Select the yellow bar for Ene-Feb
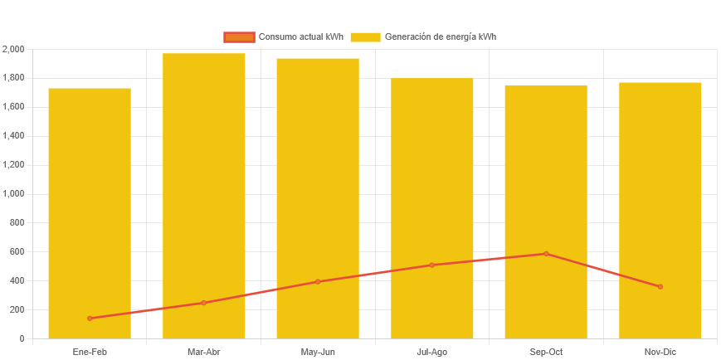click(90, 207)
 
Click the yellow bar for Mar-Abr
click(204, 191)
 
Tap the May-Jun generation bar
click(318, 191)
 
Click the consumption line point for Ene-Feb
click(90, 319)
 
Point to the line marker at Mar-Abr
click(204, 303)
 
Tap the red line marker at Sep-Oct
click(546, 254)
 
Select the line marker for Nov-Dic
click(660, 287)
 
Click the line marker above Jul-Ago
click(432, 265)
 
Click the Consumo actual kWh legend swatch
click(238, 37)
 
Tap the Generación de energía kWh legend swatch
click(365, 37)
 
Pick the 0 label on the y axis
click(22, 338)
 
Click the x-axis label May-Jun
click(318, 353)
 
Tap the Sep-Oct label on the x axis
click(546, 353)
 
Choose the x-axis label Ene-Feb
click(90, 353)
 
